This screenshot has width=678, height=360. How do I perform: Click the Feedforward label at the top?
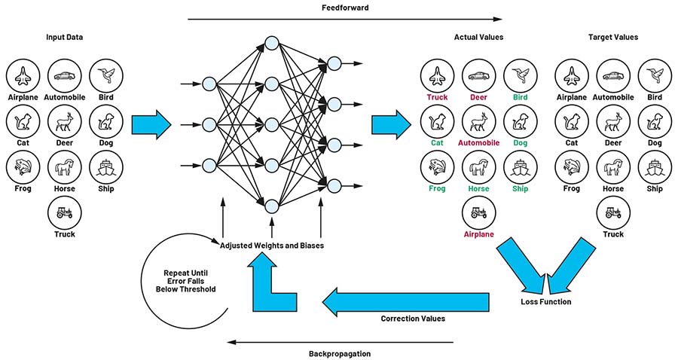pyautogui.click(x=344, y=8)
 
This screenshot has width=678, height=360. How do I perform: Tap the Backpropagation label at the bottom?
pyautogui.click(x=339, y=352)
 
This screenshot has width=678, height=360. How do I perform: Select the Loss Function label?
pyautogui.click(x=545, y=302)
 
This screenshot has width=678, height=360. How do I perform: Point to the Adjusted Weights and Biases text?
pyautogui.click(x=271, y=245)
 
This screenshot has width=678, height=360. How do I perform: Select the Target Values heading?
pyautogui.click(x=612, y=37)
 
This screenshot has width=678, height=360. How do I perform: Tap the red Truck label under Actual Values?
pyautogui.click(x=437, y=97)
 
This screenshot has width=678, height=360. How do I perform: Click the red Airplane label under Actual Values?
pyautogui.click(x=478, y=234)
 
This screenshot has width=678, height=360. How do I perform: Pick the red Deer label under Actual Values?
pyautogui.click(x=478, y=97)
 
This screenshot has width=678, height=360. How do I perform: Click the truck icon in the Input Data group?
pyautogui.click(x=64, y=212)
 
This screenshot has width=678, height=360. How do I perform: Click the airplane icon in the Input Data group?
pyautogui.click(x=23, y=75)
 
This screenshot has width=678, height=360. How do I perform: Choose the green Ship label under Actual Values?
pyautogui.click(x=520, y=189)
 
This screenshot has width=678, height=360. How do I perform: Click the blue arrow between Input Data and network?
pyautogui.click(x=151, y=124)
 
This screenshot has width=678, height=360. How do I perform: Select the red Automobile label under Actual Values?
pyautogui.click(x=478, y=143)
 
